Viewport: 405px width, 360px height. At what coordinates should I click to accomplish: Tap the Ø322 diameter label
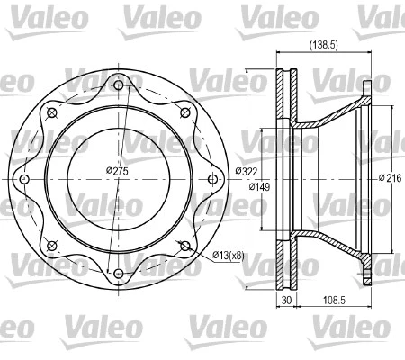(248, 171)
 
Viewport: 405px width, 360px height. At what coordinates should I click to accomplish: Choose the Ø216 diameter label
(391, 177)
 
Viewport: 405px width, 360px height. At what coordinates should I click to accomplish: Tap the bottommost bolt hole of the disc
(118, 273)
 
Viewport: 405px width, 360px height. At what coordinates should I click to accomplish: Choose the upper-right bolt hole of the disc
(184, 113)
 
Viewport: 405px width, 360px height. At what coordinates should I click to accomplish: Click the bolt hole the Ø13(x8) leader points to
(184, 246)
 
